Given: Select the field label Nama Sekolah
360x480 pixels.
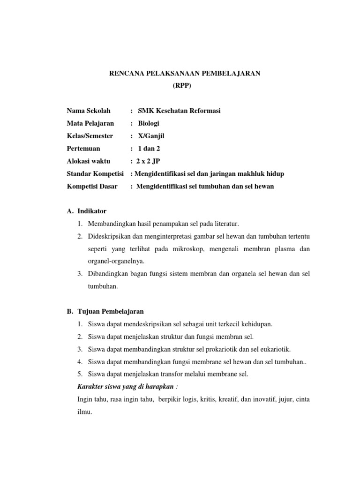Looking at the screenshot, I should coord(89,111).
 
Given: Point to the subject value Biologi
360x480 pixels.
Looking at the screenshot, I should coord(149,123).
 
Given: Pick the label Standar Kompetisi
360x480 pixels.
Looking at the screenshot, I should coord(95,174).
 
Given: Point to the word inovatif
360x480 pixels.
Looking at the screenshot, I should coord(259,399).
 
